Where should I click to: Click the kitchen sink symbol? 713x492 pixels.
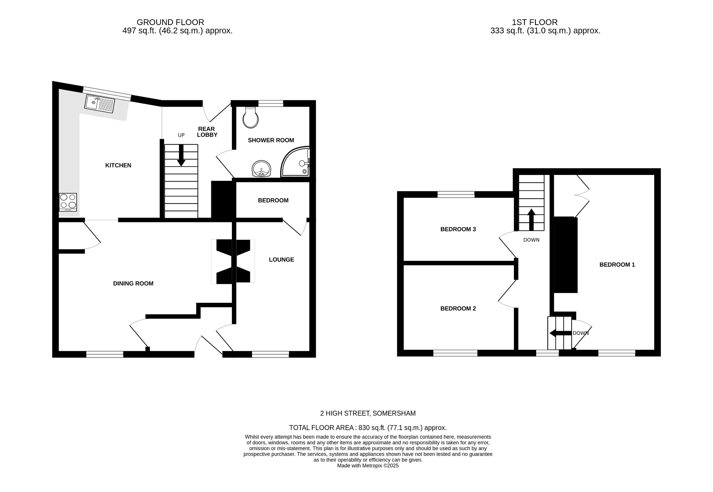tap(100, 103)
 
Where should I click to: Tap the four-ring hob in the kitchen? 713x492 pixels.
tap(68, 202)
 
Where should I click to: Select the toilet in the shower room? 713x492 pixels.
tap(251, 117)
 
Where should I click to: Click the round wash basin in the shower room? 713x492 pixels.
tap(261, 169)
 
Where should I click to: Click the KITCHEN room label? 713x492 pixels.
tap(118, 166)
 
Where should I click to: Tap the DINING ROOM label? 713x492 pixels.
tap(133, 284)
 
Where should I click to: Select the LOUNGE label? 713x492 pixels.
tap(281, 260)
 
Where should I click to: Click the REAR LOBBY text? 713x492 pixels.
tap(207, 132)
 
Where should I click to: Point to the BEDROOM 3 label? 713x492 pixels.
tap(458, 229)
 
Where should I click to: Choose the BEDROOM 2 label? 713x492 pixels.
tap(458, 309)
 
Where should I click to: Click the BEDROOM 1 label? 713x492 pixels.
tap(617, 265)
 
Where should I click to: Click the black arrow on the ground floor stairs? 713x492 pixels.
tap(181, 156)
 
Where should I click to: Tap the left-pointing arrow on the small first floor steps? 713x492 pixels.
tap(560, 333)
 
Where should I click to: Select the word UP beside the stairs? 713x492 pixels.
tap(181, 135)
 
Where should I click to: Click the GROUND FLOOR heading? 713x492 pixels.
tap(170, 22)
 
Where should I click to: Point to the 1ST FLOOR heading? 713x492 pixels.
tap(534, 22)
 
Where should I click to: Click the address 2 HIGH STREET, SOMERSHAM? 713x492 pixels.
tap(368, 414)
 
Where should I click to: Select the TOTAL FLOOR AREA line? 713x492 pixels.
tap(368, 428)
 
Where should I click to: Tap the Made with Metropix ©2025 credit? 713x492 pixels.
tap(368, 466)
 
